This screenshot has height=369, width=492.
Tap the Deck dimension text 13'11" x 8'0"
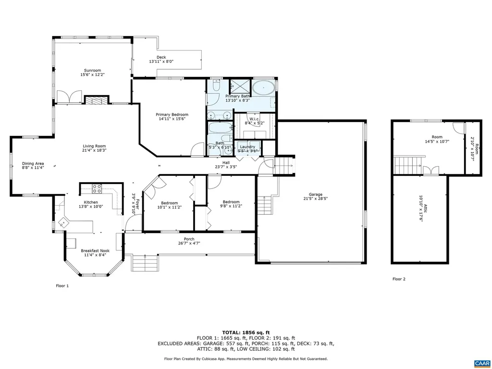click(160, 61)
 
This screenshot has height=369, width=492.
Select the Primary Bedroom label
click(172, 114)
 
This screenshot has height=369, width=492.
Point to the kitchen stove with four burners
click(97, 188)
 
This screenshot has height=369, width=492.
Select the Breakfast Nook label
click(95, 250)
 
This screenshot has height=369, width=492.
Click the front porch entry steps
click(146, 263)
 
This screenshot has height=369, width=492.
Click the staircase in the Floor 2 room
click(408, 166)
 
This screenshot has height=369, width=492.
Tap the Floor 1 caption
click(62, 286)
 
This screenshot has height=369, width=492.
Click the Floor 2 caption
click(399, 279)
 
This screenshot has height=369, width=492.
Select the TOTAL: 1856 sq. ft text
click(246, 332)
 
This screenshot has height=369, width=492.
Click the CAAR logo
click(481, 363)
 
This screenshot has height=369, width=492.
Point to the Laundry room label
click(248, 147)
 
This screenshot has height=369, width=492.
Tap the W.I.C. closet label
click(254, 118)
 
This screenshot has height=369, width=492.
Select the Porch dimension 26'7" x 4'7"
click(189, 244)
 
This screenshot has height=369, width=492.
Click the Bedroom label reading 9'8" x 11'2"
click(231, 202)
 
